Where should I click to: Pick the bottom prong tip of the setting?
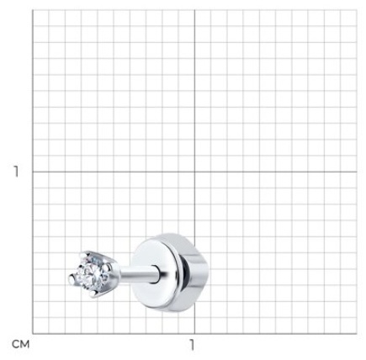93,294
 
